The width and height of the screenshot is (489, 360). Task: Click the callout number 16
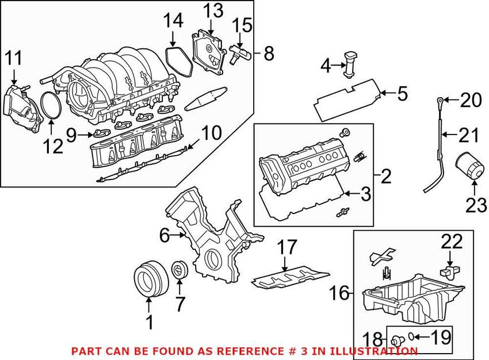click(x=340, y=294)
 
